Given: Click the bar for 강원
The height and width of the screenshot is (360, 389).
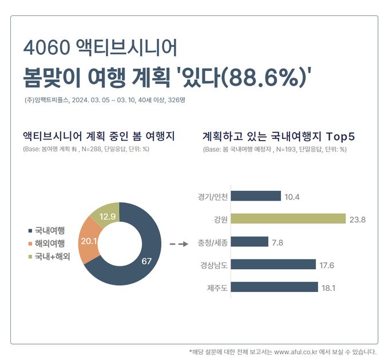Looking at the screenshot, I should (x=289, y=219).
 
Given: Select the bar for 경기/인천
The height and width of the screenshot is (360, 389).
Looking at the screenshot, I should (x=256, y=196).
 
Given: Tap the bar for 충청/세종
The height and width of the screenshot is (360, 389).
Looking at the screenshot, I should (x=250, y=242).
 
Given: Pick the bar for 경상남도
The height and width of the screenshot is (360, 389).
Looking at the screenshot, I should (x=274, y=264).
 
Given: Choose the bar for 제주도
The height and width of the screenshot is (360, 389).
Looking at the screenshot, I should (x=275, y=287).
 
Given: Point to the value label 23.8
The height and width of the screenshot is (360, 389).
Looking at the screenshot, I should (x=358, y=219).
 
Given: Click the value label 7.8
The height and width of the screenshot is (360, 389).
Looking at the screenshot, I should (x=278, y=242).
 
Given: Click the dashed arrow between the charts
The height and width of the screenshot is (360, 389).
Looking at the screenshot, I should (x=179, y=245).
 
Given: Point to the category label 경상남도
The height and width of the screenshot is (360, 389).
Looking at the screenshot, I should (x=213, y=265).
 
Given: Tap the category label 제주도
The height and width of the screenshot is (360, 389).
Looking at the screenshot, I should (x=217, y=287).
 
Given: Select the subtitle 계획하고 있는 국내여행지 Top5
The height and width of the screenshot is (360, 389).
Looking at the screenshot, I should (x=279, y=137).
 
